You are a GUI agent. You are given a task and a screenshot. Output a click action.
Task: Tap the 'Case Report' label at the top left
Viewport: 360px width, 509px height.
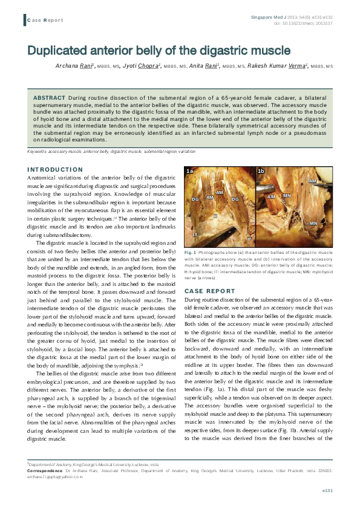pos(45,20)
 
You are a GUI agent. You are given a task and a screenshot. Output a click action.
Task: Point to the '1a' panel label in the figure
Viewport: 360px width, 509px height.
pos(190,172)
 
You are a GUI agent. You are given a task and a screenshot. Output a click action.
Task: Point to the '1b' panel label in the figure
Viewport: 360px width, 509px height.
pos(261,172)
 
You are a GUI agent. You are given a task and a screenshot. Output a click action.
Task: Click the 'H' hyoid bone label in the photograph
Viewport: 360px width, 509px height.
pos(215,215)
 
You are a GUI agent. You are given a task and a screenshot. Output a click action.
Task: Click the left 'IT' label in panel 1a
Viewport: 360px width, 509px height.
pos(195,233)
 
